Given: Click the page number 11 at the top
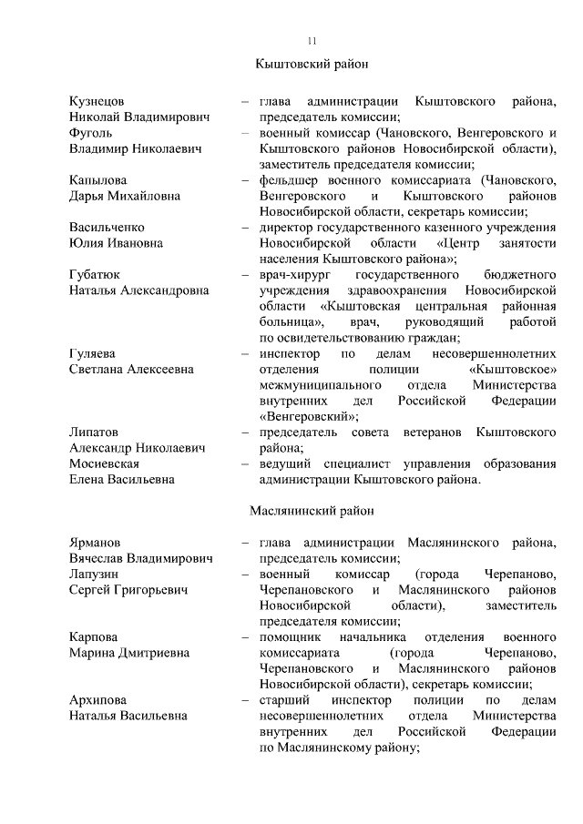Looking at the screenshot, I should pyautogui.click(x=312, y=40).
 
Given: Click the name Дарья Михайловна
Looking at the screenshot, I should pyautogui.click(x=125, y=196).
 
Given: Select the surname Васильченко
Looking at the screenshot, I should pyautogui.click(x=107, y=227).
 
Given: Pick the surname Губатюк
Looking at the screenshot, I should pyautogui.click(x=96, y=274).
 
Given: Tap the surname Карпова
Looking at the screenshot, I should pyautogui.click(x=93, y=637).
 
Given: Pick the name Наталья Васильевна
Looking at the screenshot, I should pyautogui.click(x=128, y=716).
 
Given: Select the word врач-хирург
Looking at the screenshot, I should pyautogui.click(x=292, y=274).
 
